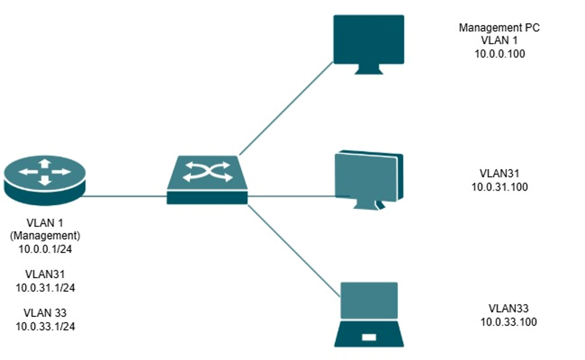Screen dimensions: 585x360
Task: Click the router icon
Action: [x=45, y=180]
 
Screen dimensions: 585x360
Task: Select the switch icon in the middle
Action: [x=207, y=180]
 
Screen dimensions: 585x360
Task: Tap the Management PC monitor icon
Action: [x=369, y=45]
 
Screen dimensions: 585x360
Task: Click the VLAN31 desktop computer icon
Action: [x=369, y=180]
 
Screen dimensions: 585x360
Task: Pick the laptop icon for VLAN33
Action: [x=369, y=314]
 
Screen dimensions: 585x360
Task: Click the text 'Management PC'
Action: [x=499, y=28]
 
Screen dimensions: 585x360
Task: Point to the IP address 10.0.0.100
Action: [x=500, y=54]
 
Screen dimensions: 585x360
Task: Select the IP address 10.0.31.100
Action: [x=500, y=187]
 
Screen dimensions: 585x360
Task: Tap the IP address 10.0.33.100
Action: [x=508, y=322]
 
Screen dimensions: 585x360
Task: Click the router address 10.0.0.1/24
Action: [x=45, y=249]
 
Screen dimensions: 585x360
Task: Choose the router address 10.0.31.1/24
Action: [x=45, y=287]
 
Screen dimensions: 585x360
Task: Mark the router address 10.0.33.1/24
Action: [x=45, y=327]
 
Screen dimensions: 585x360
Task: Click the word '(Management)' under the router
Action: [x=45, y=236]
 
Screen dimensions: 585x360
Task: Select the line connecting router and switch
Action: [x=126, y=196]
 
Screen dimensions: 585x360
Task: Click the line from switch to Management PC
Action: [x=286, y=108]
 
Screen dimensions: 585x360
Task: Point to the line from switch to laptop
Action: [x=294, y=251]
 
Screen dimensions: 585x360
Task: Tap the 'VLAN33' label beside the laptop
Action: [x=508, y=309]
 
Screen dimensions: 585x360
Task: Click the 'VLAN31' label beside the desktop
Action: [x=499, y=173]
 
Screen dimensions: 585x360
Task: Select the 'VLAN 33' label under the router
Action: [x=45, y=313]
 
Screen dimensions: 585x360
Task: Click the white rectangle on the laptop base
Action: [x=369, y=338]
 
